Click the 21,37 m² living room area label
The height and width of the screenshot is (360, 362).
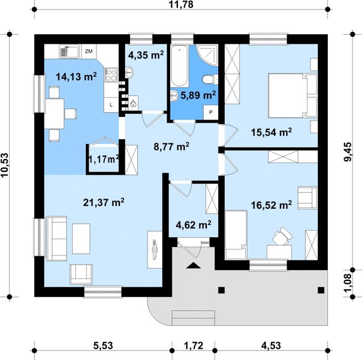pos(104,203)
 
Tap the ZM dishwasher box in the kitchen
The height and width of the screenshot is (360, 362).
pos(89,51)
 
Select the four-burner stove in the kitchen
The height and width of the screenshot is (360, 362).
pos(111,74)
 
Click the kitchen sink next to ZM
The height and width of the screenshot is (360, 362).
pos(70,51)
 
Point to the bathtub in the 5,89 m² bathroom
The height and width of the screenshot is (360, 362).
pos(179,67)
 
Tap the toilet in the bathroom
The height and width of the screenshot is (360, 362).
pos(210,79)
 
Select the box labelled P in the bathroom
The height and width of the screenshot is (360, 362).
pos(210,112)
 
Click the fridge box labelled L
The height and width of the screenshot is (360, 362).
pos(111,105)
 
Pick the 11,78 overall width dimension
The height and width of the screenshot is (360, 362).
pos(181,5)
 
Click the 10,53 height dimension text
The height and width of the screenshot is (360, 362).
pos(5,165)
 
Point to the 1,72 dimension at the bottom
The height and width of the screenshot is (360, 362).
pos(194,346)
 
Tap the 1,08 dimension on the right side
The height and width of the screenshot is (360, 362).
pos(348,283)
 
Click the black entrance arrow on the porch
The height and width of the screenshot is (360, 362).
pos(194,266)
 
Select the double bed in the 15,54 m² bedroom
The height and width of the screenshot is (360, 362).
pos(292,95)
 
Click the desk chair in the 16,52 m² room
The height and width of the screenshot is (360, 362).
pos(282,236)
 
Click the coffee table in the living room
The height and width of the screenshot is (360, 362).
pos(81,239)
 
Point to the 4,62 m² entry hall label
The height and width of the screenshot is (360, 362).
pos(194,224)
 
